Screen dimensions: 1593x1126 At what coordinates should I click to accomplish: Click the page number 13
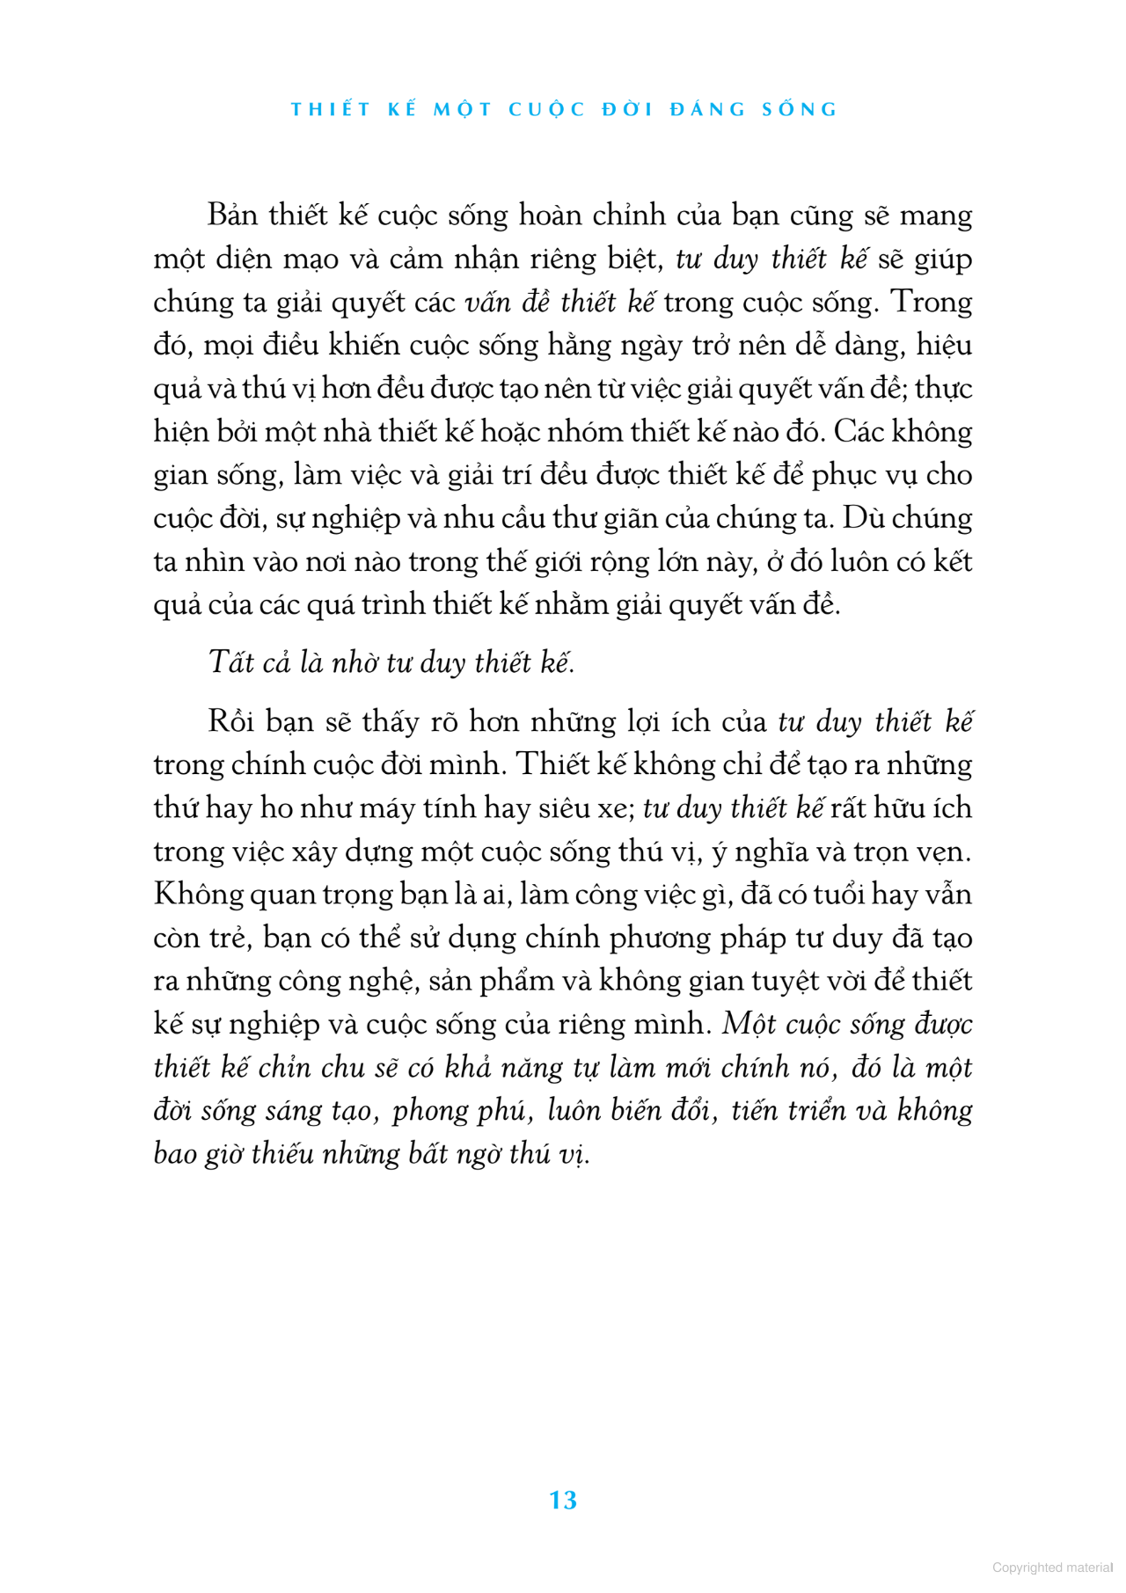coord(562,1500)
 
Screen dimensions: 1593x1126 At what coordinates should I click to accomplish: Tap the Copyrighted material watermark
coord(1052,1567)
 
